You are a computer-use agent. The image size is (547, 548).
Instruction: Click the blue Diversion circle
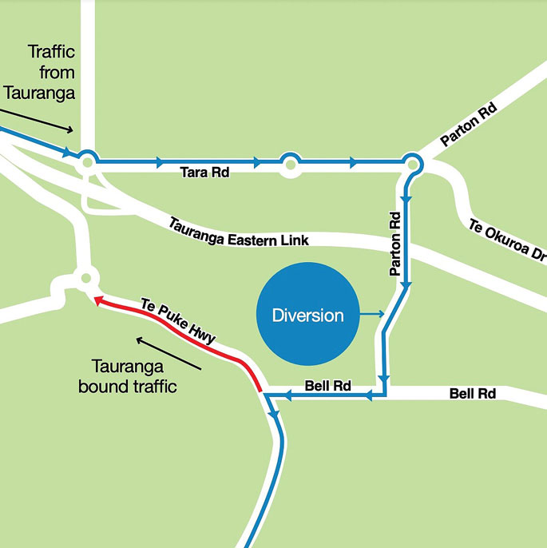coord(307,316)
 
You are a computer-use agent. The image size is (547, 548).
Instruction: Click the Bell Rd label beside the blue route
coord(328,386)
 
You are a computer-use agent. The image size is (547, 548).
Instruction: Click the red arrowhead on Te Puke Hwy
coord(98,301)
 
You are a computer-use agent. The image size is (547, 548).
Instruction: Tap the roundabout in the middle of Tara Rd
coord(290,164)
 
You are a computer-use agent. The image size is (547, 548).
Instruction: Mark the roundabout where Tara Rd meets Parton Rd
coord(412,164)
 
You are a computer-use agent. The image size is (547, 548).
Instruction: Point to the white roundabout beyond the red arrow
coord(85,279)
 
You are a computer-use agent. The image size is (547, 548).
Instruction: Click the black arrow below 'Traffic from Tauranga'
coord(47,118)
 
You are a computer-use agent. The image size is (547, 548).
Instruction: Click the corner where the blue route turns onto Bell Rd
coord(384,393)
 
